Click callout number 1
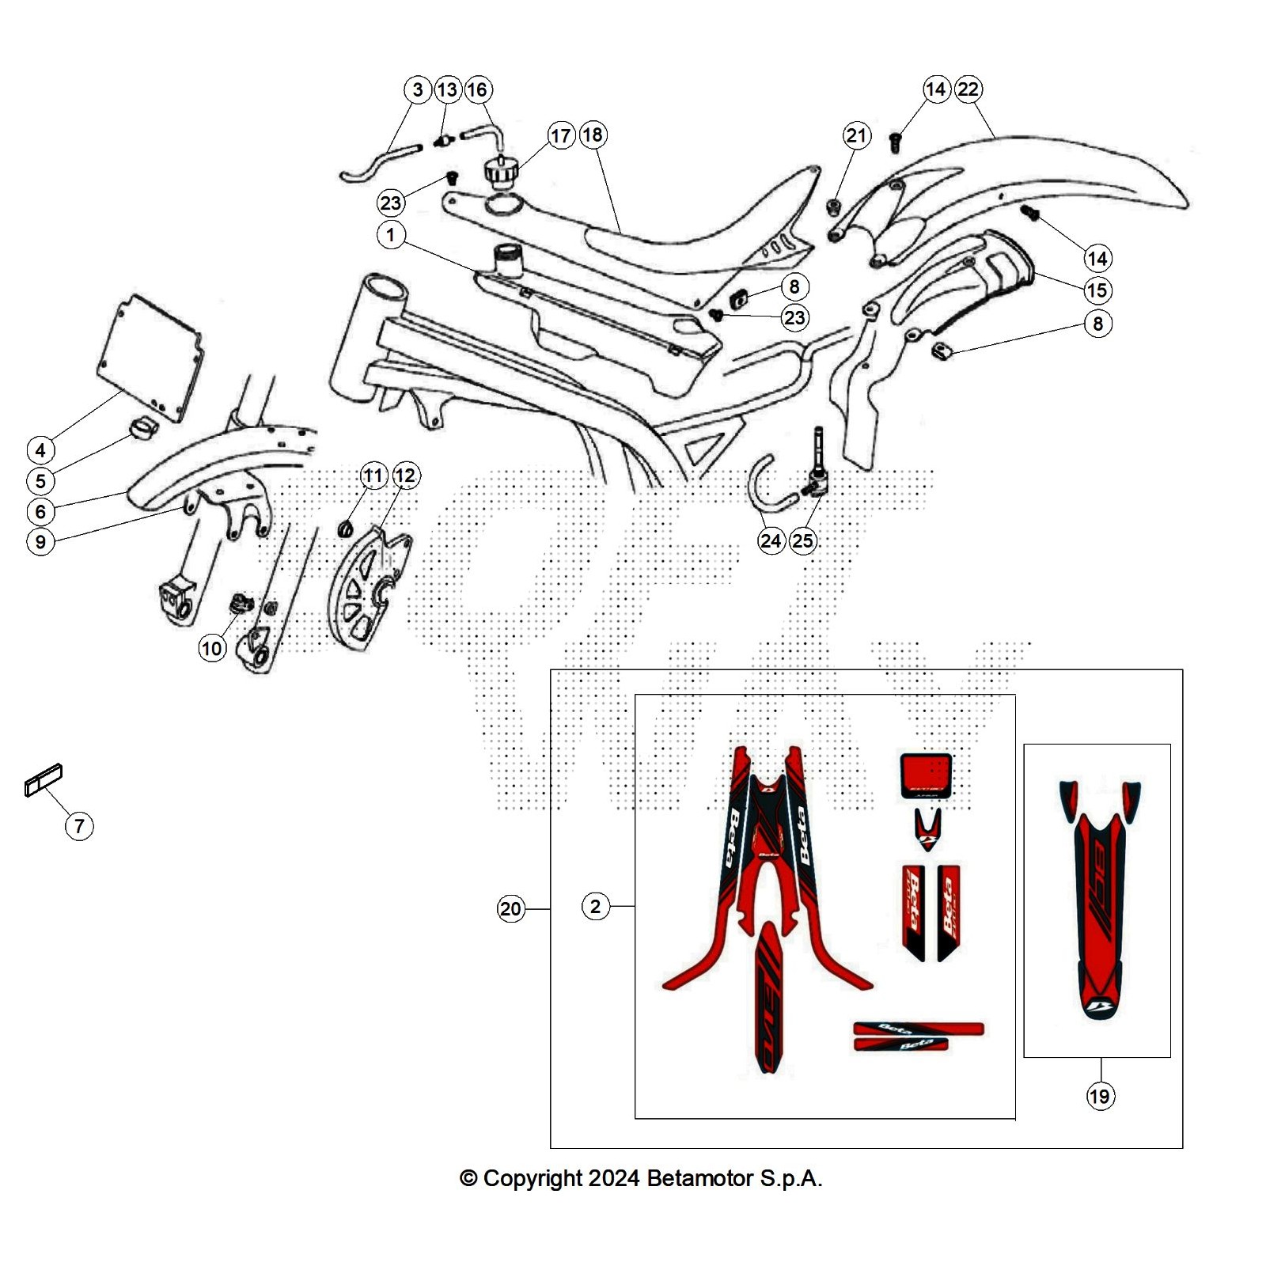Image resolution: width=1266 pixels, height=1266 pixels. [x=391, y=235]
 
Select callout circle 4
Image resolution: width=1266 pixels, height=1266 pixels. [x=40, y=450]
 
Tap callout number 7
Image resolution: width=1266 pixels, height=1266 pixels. [x=79, y=826]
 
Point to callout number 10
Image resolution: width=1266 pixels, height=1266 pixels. [x=211, y=649]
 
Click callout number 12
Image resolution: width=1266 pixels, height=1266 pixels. [x=405, y=476]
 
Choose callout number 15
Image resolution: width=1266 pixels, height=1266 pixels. [x=1097, y=290]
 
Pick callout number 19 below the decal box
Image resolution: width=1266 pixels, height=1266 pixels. [x=1100, y=1096]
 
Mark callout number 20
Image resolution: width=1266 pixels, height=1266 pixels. [x=510, y=908]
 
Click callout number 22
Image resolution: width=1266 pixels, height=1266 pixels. [x=968, y=89]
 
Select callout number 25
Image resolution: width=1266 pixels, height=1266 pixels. [x=802, y=540]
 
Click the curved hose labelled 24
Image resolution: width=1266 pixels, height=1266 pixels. [x=764, y=483]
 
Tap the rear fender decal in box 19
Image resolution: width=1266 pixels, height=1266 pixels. [x=1100, y=902]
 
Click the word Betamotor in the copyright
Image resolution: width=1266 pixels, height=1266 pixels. [x=699, y=1178]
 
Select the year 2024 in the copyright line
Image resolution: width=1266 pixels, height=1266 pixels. [x=614, y=1178]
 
